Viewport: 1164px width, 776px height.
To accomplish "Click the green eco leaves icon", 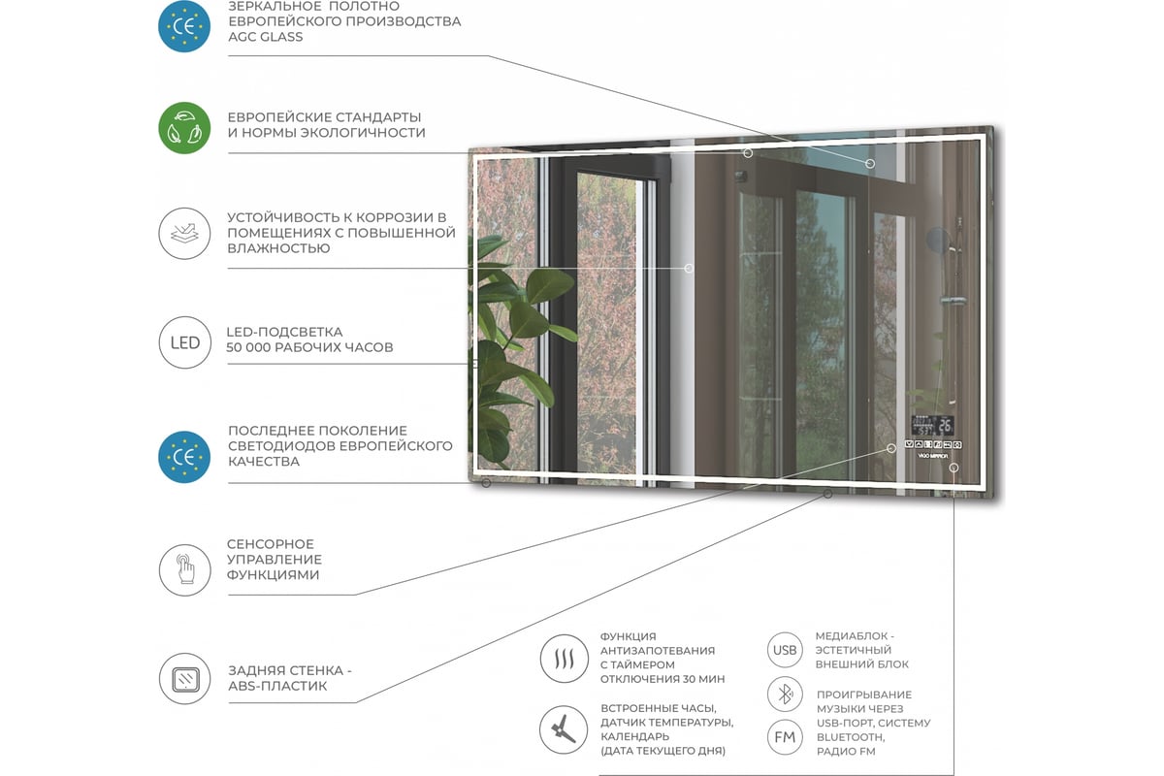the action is click(x=184, y=128).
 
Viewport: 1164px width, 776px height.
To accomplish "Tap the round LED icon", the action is click(x=185, y=342).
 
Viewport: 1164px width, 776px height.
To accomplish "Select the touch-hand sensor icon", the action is click(x=185, y=570).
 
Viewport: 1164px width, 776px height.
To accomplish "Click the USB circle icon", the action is click(x=785, y=650).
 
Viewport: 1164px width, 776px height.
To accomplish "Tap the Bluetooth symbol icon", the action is click(x=785, y=694).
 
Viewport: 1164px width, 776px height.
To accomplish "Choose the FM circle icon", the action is click(x=785, y=737).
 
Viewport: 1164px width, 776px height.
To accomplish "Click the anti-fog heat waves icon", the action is click(x=564, y=659).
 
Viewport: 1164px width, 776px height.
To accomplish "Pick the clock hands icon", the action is click(x=564, y=729).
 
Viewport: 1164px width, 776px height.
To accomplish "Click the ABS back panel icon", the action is click(x=185, y=679).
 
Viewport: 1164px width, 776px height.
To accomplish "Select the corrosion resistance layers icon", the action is click(x=184, y=234).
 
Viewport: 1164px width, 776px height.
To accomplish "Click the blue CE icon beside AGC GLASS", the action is click(x=184, y=26).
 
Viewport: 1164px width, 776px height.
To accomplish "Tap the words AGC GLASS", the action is click(x=266, y=37).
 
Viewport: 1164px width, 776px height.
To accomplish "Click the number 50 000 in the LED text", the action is click(x=246, y=347).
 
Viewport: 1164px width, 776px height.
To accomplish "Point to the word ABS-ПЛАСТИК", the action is click(x=277, y=686).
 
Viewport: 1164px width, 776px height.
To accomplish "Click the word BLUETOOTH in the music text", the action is click(x=851, y=737).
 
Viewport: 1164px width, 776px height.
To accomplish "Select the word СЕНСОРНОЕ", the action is click(x=271, y=544).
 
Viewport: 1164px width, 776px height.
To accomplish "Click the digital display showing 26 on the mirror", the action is click(x=932, y=425).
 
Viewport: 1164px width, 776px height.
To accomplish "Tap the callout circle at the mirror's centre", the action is click(x=689, y=268).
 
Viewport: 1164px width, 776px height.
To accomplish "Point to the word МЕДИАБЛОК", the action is click(x=852, y=636).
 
